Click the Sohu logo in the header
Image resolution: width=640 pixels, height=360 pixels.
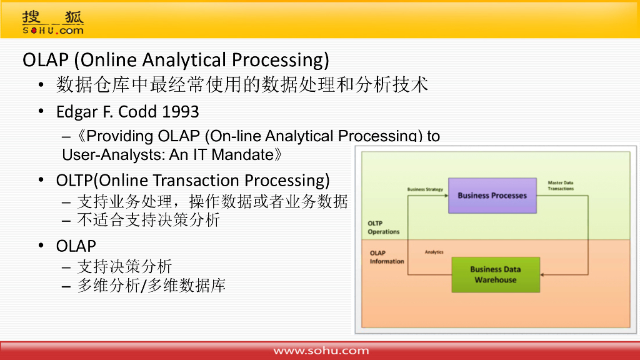click(53, 23)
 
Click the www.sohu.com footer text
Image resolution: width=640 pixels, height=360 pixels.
click(321, 351)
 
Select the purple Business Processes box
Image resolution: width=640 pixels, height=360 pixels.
click(492, 196)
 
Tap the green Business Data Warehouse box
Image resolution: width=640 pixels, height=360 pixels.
click(496, 275)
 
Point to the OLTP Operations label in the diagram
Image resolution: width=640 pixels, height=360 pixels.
click(383, 227)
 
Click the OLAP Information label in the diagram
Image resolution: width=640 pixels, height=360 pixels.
click(386, 257)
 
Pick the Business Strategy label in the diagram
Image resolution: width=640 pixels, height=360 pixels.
click(425, 189)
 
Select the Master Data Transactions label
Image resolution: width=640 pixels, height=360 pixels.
click(561, 186)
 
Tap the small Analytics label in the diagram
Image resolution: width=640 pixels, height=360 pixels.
click(434, 252)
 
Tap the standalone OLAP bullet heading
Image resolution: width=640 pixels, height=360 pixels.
click(76, 246)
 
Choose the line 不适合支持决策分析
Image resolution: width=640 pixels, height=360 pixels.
click(149, 220)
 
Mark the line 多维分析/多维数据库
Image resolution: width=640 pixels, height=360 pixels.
click(151, 285)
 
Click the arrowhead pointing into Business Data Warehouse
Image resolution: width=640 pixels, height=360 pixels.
click(542, 275)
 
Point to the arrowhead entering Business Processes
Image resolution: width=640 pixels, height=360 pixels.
click(446, 196)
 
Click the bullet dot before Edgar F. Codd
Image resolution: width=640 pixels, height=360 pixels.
click(41, 111)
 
